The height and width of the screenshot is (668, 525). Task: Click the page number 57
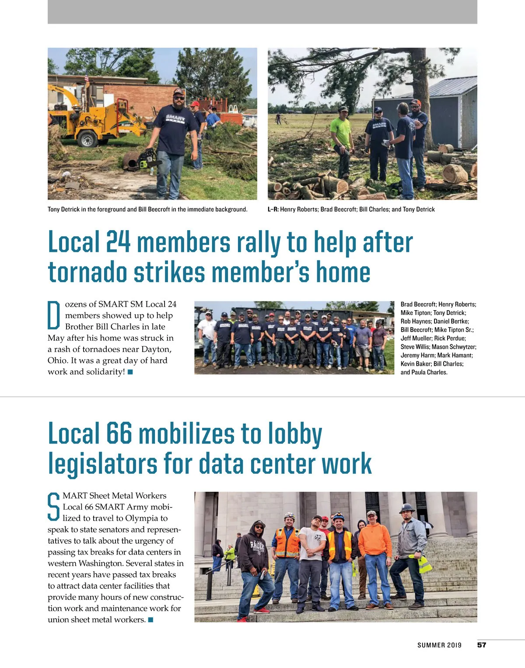(x=482, y=645)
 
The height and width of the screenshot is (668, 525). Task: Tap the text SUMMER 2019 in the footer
(x=439, y=645)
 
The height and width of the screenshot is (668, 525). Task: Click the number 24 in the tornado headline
(x=118, y=242)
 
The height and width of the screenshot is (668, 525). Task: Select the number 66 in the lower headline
(x=119, y=434)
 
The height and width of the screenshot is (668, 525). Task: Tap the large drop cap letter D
(x=53, y=315)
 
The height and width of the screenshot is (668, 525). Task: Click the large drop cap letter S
(x=53, y=507)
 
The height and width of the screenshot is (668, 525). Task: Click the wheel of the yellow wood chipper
(x=87, y=139)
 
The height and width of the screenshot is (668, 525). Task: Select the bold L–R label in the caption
(x=273, y=210)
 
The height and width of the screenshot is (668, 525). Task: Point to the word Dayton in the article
(x=157, y=350)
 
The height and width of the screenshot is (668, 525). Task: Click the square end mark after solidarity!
(x=130, y=372)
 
